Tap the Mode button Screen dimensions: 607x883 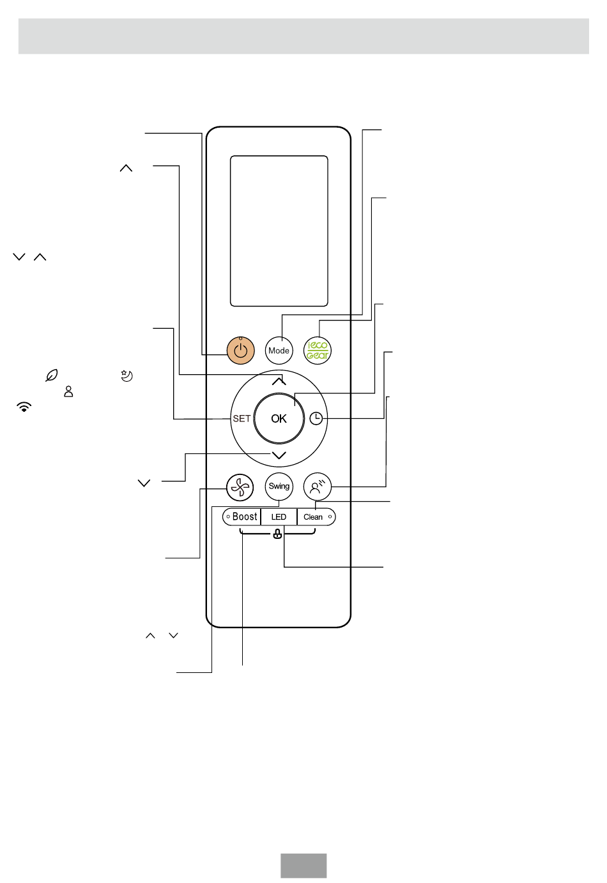279,351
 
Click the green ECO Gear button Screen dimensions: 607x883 318,351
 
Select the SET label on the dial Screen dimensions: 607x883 242,419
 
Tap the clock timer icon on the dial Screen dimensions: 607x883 316,419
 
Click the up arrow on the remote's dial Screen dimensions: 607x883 279,381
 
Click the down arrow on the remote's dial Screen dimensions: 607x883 279,456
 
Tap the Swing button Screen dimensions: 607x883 279,487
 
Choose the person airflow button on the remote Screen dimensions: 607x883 318,487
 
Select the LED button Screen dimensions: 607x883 279,517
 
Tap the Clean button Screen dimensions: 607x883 316,517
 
